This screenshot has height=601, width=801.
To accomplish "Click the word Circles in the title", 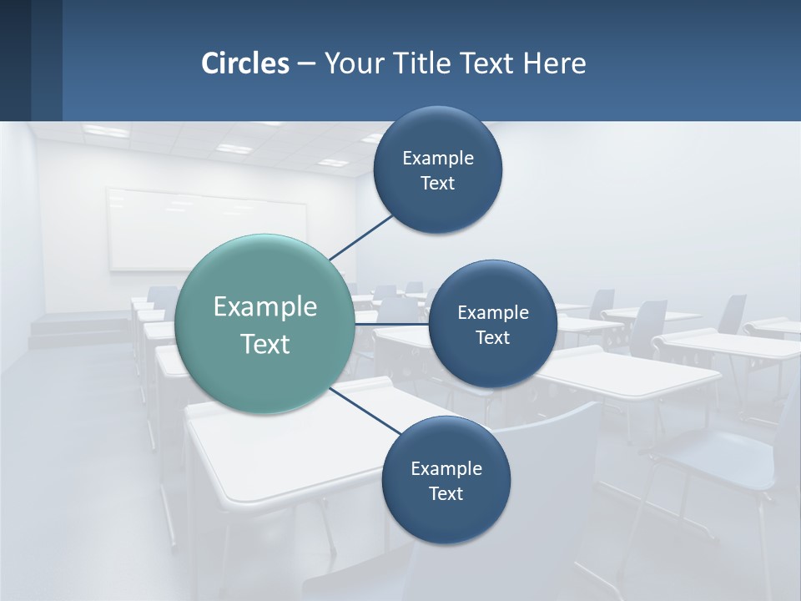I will point(245,63).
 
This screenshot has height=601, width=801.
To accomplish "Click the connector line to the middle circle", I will point(392,323).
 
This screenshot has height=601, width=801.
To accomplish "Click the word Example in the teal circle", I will point(264,306).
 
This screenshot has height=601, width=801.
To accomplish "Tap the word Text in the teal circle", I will point(264,344).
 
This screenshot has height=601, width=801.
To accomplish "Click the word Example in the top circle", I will point(437,158).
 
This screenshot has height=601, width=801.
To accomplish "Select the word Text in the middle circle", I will point(492,337).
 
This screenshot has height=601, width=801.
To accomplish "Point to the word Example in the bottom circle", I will point(446,468).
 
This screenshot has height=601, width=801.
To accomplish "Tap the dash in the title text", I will point(305,63).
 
